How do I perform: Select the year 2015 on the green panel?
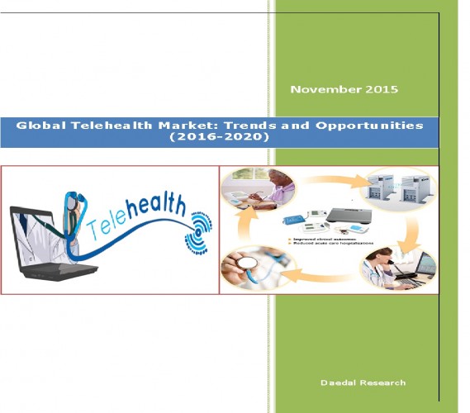tap(381, 88)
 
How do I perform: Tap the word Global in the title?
tap(41, 126)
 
